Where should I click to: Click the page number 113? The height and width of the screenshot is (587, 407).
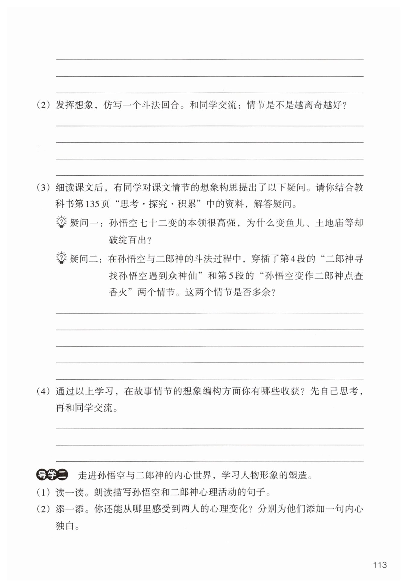click(x=380, y=565)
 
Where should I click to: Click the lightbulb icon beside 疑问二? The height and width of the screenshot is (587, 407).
click(x=61, y=258)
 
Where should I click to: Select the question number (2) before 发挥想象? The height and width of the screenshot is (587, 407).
click(x=43, y=105)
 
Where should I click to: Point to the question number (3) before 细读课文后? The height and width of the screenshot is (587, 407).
click(x=43, y=187)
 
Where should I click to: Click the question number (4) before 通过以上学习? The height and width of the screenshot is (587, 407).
click(x=43, y=391)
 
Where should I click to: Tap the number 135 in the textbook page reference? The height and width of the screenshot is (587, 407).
click(x=93, y=204)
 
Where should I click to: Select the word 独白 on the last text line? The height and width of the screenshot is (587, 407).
click(x=65, y=526)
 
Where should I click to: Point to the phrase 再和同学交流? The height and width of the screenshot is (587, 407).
click(x=84, y=408)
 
